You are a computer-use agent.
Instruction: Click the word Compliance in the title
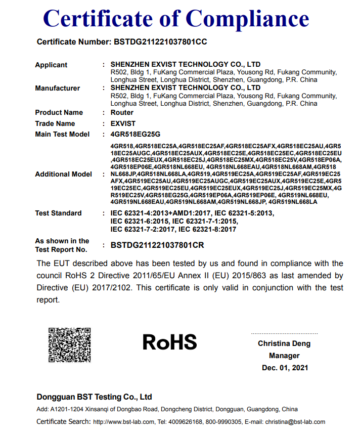[247, 19]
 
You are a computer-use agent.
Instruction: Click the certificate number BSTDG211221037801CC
[158, 42]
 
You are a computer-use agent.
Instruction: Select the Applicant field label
[51, 65]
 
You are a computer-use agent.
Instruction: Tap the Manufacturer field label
[57, 88]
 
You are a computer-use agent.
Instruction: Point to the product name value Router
[122, 112]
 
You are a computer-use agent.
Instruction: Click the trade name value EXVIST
[123, 123]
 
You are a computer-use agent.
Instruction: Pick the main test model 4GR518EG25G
[135, 134]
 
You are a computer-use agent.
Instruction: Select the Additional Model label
[63, 174]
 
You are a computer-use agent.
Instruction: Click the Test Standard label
[58, 213]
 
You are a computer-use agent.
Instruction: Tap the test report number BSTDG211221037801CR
[157, 245]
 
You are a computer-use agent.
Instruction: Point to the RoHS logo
[169, 342]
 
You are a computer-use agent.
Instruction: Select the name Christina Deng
[285, 344]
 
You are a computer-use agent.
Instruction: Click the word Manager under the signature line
[285, 356]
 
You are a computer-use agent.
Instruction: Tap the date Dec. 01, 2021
[285, 368]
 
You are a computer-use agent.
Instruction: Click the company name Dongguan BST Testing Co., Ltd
[94, 397]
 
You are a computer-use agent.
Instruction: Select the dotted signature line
[285, 334]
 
